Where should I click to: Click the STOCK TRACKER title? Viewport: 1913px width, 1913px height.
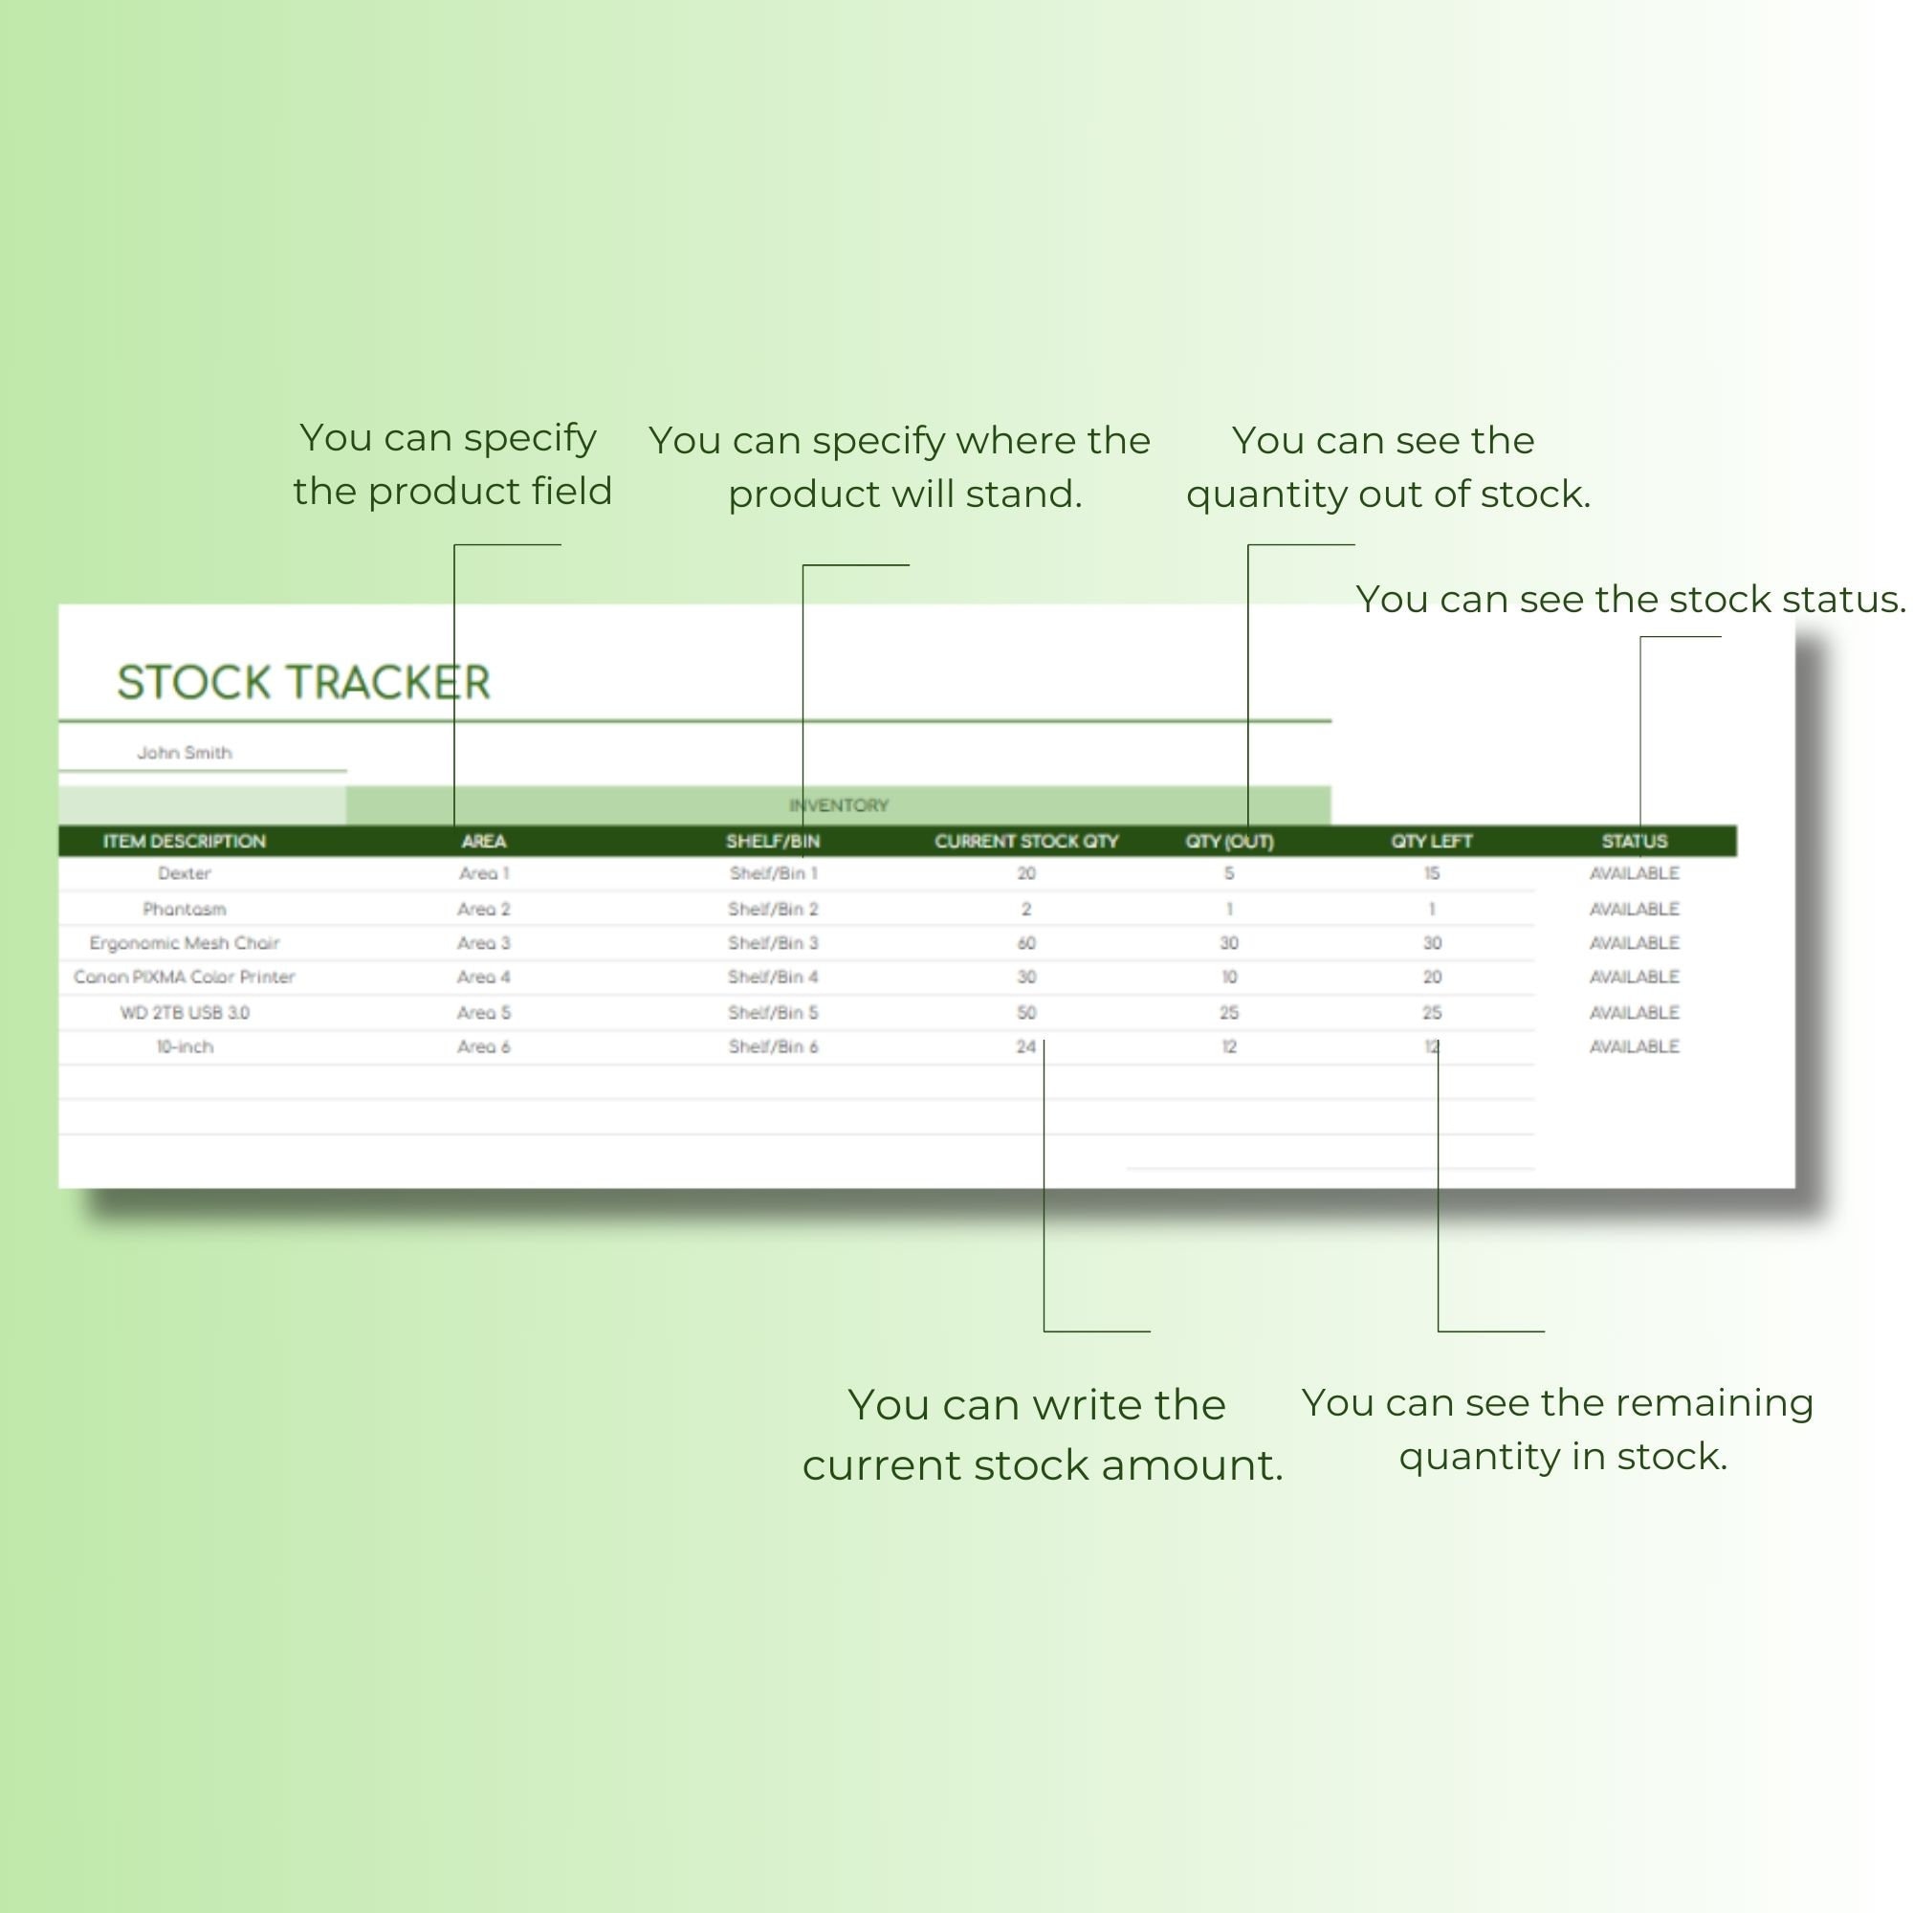[x=303, y=682]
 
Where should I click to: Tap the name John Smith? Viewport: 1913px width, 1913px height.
[x=185, y=753]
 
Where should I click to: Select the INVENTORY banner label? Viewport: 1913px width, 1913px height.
[x=839, y=805]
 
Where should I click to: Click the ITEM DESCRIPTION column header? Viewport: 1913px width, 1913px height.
[x=185, y=841]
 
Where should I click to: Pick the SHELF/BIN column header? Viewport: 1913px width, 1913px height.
[x=772, y=841]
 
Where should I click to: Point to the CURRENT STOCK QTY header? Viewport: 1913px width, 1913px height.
[x=1025, y=841]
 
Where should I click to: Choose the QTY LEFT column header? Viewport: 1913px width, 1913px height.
[x=1431, y=841]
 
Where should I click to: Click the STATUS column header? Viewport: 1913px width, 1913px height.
[x=1634, y=841]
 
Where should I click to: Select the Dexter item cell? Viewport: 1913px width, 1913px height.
[x=185, y=873]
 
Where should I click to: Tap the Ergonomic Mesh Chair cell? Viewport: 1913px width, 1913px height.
[x=185, y=943]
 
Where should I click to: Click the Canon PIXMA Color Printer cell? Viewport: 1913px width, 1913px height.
[x=185, y=977]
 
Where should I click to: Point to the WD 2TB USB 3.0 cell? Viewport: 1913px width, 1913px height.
[x=185, y=1012]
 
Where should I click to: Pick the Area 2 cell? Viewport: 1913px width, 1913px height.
[x=483, y=909]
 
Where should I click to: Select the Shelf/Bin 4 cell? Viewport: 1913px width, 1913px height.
[x=772, y=977]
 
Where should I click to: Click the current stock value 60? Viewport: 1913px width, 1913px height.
[x=1025, y=943]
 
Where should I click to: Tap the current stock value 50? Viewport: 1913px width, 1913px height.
[x=1025, y=1012]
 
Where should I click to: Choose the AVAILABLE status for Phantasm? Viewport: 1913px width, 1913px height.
[x=1634, y=909]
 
